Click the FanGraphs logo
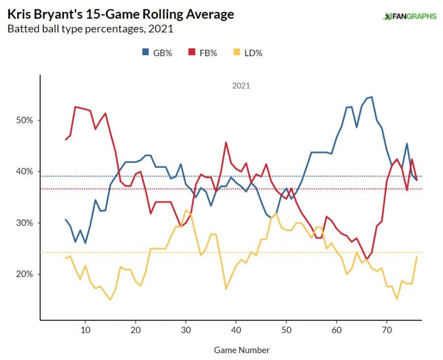tap(410, 16)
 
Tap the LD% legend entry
tap(248, 53)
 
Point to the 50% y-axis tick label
tap(22, 120)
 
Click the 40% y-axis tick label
tap(22, 171)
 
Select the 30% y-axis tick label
tap(22, 223)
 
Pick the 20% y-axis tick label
tap(22, 274)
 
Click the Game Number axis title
tap(242, 350)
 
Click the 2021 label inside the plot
tap(241, 86)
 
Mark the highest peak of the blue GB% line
tap(372, 97)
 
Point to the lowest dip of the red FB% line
tap(367, 258)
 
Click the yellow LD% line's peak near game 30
tap(186, 210)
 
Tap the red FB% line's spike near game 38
tap(226, 143)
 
